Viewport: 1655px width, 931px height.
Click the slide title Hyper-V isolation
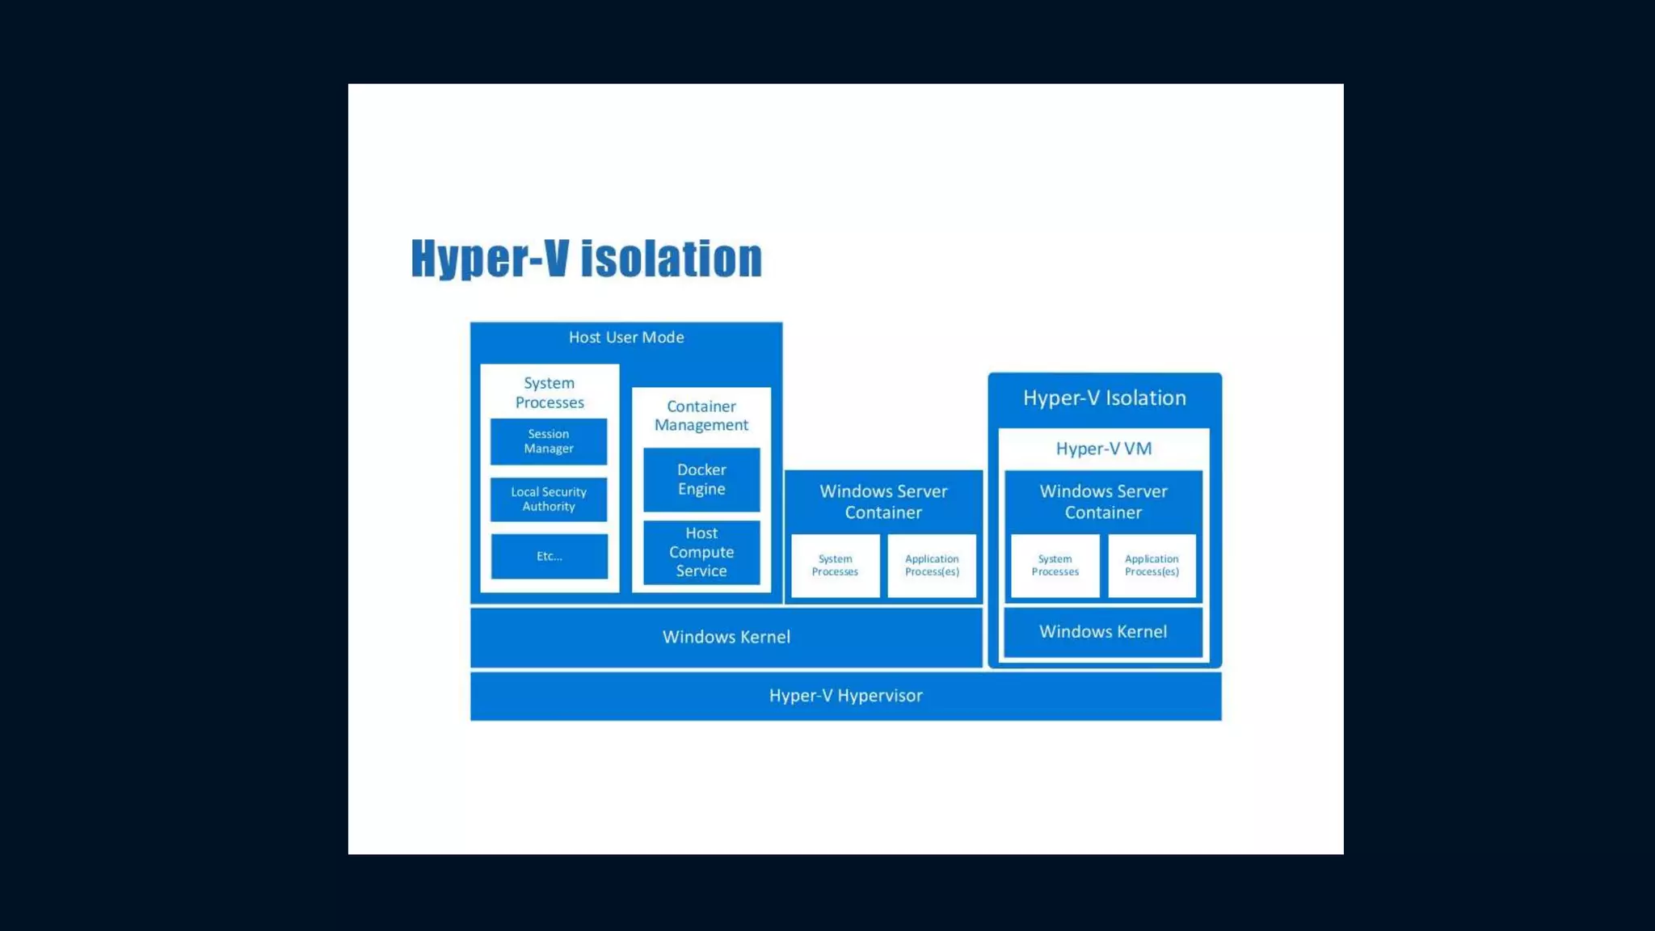pyautogui.click(x=587, y=259)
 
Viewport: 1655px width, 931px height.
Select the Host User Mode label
pyautogui.click(x=626, y=338)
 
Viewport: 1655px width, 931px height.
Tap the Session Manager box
pyautogui.click(x=549, y=441)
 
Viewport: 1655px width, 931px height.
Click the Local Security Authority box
pyautogui.click(x=549, y=499)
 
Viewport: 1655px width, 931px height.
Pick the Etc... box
pyautogui.click(x=550, y=556)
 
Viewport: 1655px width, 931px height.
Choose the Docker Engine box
pyautogui.click(x=701, y=479)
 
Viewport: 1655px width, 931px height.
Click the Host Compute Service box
pyautogui.click(x=701, y=552)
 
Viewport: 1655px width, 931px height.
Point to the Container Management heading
pyautogui.click(x=701, y=415)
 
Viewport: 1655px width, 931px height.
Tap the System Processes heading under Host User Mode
pyautogui.click(x=550, y=393)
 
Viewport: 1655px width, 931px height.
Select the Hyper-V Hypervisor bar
pyautogui.click(x=845, y=696)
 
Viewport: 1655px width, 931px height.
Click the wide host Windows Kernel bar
pyautogui.click(x=726, y=637)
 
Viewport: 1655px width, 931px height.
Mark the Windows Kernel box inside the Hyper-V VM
pyautogui.click(x=1103, y=632)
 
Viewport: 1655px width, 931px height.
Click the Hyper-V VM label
pyautogui.click(x=1104, y=449)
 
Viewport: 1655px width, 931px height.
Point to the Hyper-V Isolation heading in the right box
pyautogui.click(x=1105, y=398)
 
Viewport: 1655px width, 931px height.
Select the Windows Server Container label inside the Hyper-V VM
pyautogui.click(x=1103, y=502)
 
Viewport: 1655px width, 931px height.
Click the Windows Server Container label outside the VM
pyautogui.click(x=883, y=502)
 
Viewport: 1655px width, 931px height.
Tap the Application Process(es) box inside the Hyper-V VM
pyautogui.click(x=1152, y=566)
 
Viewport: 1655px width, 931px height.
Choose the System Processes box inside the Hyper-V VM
pyautogui.click(x=1055, y=566)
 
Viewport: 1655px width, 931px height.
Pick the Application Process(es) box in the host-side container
pyautogui.click(x=932, y=566)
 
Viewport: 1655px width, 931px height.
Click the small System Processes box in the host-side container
pyautogui.click(x=835, y=566)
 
